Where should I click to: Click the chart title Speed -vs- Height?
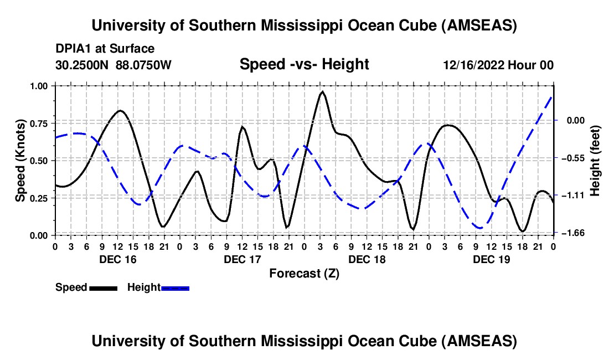pos(304,64)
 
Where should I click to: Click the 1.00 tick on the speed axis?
pos(39,86)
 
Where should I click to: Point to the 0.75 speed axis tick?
pos(39,123)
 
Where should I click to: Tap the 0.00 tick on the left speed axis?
pos(39,235)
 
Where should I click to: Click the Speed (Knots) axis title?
pos(20,160)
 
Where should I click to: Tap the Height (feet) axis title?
pos(595,160)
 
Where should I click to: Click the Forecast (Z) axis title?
pos(304,273)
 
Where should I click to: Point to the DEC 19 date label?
pos(491,259)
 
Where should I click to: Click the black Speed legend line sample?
pos(103,287)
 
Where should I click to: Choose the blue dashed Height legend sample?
pos(175,287)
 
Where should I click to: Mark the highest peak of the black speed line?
pos(322,92)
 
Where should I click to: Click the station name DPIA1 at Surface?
pos(105,49)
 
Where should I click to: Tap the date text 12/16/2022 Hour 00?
pos(498,65)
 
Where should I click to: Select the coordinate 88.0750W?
pos(144,65)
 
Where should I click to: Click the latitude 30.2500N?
pos(83,65)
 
